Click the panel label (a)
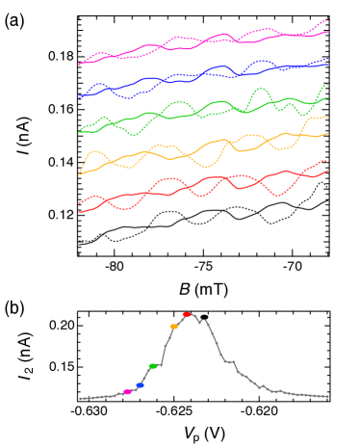(x=14, y=20)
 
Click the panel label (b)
(x=14, y=308)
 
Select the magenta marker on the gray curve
(x=128, y=391)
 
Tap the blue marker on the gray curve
(x=141, y=385)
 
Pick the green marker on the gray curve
(x=153, y=366)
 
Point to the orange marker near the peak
(x=173, y=327)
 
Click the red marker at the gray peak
(x=187, y=314)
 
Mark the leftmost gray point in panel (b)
(x=80, y=398)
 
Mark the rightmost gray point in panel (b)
(x=328, y=396)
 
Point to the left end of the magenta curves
(x=80, y=65)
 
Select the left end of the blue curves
(x=80, y=96)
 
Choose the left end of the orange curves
(x=80, y=173)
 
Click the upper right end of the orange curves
(x=327, y=118)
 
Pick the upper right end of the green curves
(x=327, y=85)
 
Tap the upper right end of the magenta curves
(x=327, y=20)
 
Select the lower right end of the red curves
(x=327, y=171)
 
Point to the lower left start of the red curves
(x=80, y=211)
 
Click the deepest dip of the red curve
(x=278, y=197)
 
